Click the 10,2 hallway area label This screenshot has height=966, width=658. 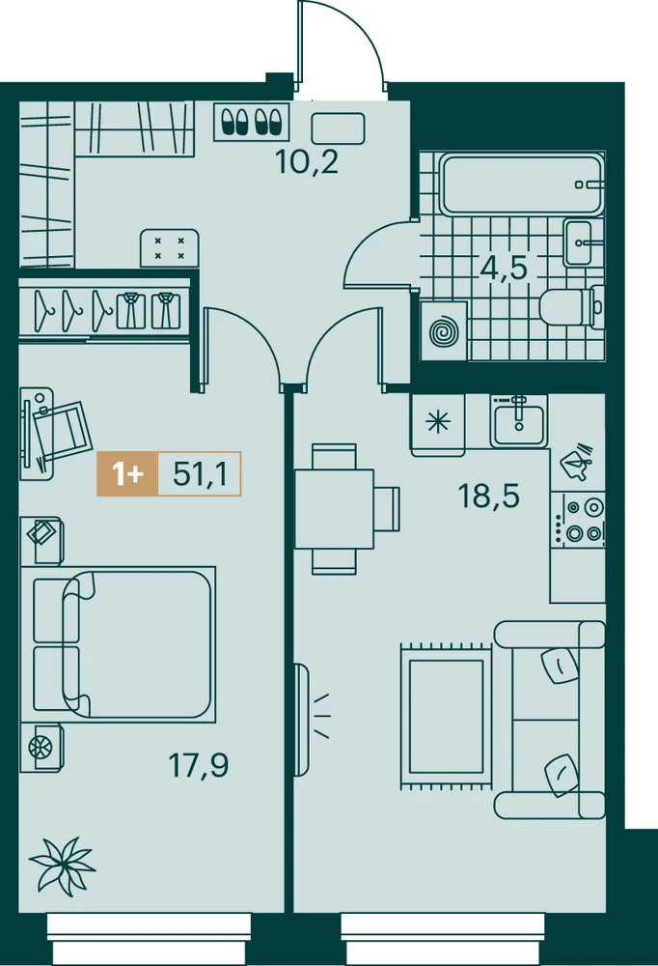(x=307, y=162)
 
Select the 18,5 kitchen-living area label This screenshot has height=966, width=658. (x=489, y=496)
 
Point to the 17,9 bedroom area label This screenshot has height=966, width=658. (x=198, y=765)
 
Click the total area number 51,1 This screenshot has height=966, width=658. (x=200, y=473)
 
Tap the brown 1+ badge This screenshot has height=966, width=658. (x=127, y=473)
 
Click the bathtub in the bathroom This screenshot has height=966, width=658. (x=521, y=185)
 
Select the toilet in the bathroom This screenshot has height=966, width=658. (x=572, y=306)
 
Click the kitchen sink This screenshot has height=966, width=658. (x=518, y=420)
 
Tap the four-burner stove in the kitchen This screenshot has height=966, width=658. (x=578, y=520)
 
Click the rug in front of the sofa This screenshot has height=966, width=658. (x=447, y=716)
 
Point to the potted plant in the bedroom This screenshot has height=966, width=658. (x=63, y=865)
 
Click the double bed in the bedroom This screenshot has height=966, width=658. (x=118, y=644)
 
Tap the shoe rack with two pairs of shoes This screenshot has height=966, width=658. (x=252, y=122)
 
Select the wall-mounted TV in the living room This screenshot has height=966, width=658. (x=301, y=720)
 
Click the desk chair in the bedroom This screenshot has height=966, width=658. (x=62, y=430)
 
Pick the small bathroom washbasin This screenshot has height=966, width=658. (x=579, y=242)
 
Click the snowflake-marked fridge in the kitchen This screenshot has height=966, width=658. (x=438, y=424)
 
